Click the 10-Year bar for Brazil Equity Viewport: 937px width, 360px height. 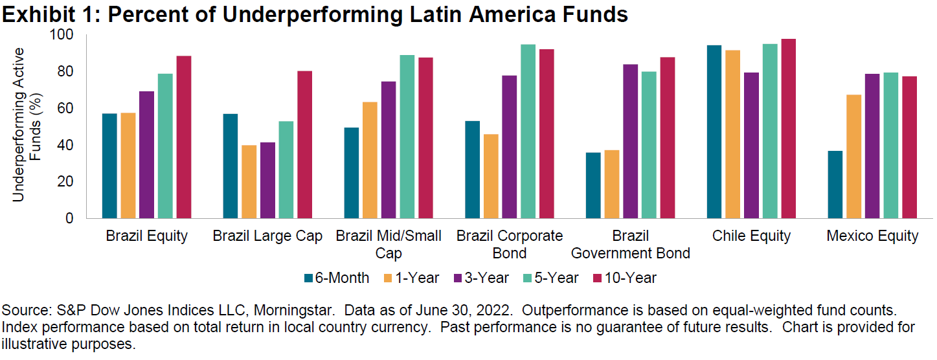pyautogui.click(x=183, y=137)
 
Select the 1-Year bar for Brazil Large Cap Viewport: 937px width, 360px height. pyautogui.click(x=249, y=182)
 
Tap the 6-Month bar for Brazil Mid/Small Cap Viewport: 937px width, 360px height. pyautogui.click(x=350, y=173)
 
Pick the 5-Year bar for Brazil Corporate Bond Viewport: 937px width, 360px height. pyautogui.click(x=528, y=131)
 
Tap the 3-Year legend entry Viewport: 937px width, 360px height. pyautogui.click(x=481, y=278)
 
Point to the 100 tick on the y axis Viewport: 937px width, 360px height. pyautogui.click(x=64, y=34)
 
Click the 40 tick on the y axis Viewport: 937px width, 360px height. pyautogui.click(x=67, y=145)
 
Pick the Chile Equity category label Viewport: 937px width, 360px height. pyautogui.click(x=751, y=236)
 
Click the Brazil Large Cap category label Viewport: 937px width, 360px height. pyautogui.click(x=267, y=236)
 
